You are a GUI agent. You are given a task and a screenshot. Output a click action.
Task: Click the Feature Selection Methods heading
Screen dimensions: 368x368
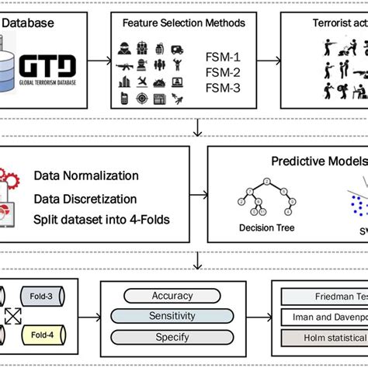pos(179,23)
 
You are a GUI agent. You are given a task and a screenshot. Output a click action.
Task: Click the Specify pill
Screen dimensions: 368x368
pos(172,336)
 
